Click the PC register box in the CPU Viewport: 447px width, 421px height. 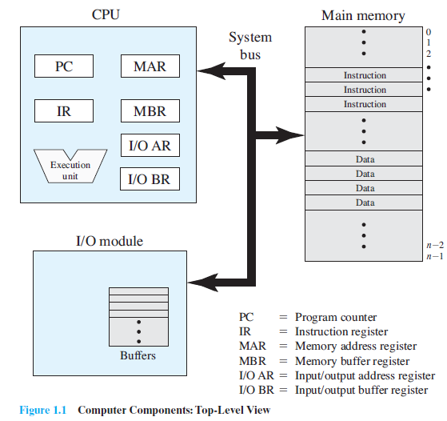tap(64, 66)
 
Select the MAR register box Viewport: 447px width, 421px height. tap(150, 66)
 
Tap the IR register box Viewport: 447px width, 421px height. tap(64, 110)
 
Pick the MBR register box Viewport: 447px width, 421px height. tap(150, 110)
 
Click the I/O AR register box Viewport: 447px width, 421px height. tap(150, 146)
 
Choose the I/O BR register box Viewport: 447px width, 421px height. tap(150, 178)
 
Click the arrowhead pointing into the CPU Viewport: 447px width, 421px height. tap(211, 71)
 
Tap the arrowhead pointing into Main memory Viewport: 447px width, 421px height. tap(289, 135)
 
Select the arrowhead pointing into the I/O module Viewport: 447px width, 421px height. tap(203, 283)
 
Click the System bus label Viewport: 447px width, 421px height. tap(250, 46)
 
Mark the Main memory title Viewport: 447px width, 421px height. tap(363, 15)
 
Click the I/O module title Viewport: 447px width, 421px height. tap(110, 241)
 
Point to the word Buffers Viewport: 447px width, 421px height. tap(138, 355)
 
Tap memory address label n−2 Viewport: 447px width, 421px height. tap(435, 245)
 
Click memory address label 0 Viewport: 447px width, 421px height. tap(429, 32)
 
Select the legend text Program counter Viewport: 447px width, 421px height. tap(336, 318)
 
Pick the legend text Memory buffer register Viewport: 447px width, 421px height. tap(353, 361)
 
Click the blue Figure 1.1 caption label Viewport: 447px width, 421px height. tap(42, 410)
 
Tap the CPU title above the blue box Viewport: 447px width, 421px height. tap(106, 14)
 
